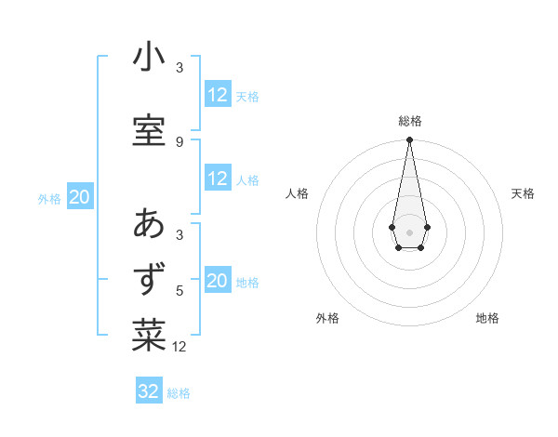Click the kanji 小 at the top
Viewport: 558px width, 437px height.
click(x=149, y=58)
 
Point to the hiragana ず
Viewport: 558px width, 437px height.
click(x=149, y=280)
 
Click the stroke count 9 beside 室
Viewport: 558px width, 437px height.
click(x=179, y=141)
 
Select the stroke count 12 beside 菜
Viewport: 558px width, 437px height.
click(x=179, y=347)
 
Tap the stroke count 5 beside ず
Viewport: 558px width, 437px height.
click(x=179, y=290)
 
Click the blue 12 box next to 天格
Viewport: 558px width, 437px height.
click(x=218, y=95)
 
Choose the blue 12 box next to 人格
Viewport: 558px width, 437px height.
click(x=218, y=179)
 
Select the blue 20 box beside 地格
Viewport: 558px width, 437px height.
click(x=218, y=282)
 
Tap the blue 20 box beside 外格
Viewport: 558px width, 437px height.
click(x=80, y=197)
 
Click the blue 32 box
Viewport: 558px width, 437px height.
click(x=149, y=391)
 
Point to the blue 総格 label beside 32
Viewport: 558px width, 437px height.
click(x=179, y=393)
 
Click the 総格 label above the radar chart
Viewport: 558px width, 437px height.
click(x=410, y=121)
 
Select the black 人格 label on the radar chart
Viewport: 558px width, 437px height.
click(x=298, y=193)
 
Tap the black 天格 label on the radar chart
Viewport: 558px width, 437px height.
click(x=523, y=193)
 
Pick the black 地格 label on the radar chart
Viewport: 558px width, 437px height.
click(x=487, y=319)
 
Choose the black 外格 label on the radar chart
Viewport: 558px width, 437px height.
click(x=327, y=319)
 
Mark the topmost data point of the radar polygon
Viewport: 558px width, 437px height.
click(x=409, y=140)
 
